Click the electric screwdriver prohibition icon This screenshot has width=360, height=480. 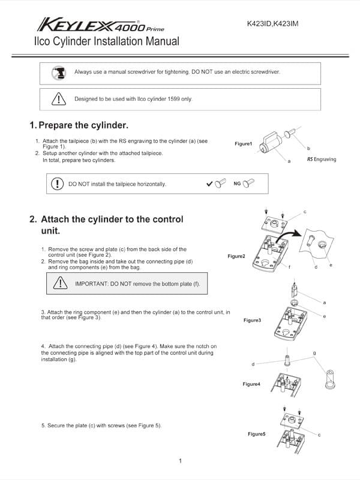coord(58,72)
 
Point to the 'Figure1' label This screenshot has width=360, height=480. coord(244,144)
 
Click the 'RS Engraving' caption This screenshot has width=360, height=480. coord(322,160)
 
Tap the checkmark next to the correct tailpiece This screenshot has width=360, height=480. coord(209,184)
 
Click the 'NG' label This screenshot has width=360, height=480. coord(237,184)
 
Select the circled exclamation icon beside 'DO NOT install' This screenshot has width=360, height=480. coord(58,184)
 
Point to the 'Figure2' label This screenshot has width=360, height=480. coord(236,256)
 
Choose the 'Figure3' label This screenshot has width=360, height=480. coord(252,320)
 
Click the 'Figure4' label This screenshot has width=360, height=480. coord(251,383)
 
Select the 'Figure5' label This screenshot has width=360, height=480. coord(256,433)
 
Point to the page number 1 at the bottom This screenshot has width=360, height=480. coord(180,460)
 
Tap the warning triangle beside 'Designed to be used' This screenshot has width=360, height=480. coord(58,98)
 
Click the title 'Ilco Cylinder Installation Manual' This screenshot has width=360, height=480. coord(107,42)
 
